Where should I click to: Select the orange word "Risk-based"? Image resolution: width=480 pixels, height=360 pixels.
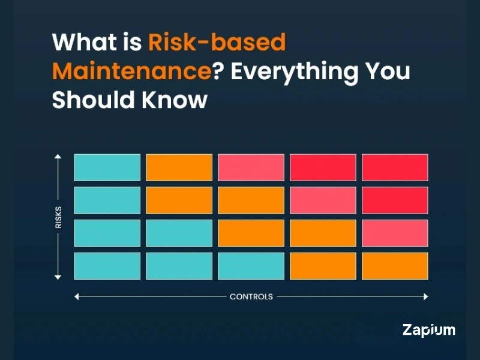pyautogui.click(x=217, y=43)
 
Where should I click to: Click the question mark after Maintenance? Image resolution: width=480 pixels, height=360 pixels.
pyautogui.click(x=221, y=71)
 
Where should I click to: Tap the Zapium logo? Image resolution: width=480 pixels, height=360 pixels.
pyautogui.click(x=428, y=329)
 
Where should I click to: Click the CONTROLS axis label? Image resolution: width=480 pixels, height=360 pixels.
pyautogui.click(x=251, y=296)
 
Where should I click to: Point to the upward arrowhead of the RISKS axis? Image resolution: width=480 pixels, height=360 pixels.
pyautogui.click(x=58, y=157)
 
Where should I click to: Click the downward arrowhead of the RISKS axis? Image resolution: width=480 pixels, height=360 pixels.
pyautogui.click(x=58, y=277)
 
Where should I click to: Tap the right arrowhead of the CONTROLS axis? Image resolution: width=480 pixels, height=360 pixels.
pyautogui.click(x=425, y=296)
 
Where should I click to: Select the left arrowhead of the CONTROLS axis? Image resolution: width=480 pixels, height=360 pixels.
pyautogui.click(x=77, y=296)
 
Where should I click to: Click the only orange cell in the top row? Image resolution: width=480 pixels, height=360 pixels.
pyautogui.click(x=179, y=167)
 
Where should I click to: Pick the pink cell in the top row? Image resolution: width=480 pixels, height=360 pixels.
pyautogui.click(x=251, y=167)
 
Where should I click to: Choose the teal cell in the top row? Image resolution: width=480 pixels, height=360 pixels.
pyautogui.click(x=107, y=167)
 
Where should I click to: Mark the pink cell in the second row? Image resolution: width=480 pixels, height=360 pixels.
pyautogui.click(x=323, y=200)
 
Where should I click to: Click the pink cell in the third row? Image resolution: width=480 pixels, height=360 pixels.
pyautogui.click(x=395, y=233)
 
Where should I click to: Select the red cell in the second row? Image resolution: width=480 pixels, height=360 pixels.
pyautogui.click(x=395, y=200)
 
